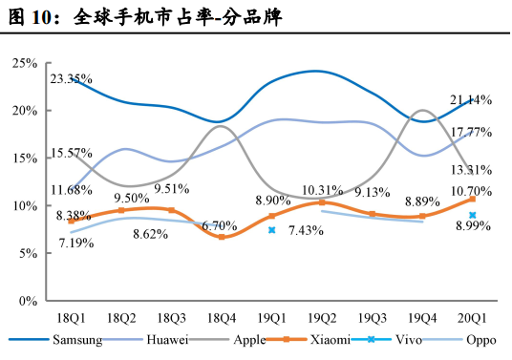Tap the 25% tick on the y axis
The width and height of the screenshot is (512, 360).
[24, 63]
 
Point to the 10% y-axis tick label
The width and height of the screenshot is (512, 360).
[24, 206]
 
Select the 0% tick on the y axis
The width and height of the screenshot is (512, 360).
[27, 301]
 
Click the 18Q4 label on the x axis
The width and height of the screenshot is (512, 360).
[222, 318]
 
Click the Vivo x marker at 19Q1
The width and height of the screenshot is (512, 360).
[272, 230]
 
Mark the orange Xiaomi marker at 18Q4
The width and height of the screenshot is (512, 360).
[222, 237]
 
